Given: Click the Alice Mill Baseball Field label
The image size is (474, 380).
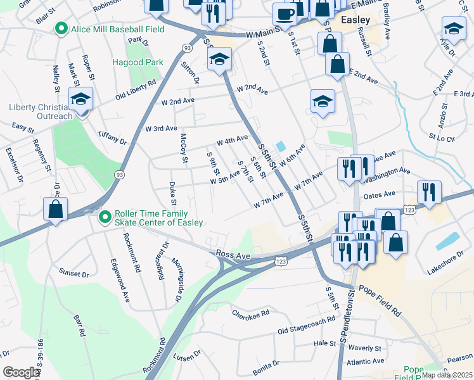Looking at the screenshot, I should (x=117, y=29).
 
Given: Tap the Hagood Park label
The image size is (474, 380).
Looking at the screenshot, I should (x=138, y=62).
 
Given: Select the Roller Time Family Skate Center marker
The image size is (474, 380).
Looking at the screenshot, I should (x=105, y=217).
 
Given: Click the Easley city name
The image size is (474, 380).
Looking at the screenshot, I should (x=355, y=20).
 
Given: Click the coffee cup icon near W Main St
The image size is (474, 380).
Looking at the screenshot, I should (x=284, y=13).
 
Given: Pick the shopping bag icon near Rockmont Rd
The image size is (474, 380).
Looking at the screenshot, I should (x=55, y=210).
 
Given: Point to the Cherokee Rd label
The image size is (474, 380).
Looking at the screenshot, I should (x=250, y=313).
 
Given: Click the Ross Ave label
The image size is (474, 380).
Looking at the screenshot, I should (x=230, y=254).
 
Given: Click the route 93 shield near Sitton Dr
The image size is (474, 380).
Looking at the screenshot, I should (x=186, y=47).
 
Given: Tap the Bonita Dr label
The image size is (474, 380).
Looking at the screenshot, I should (x=266, y=365).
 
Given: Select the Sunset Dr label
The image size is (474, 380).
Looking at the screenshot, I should (x=75, y=274).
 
